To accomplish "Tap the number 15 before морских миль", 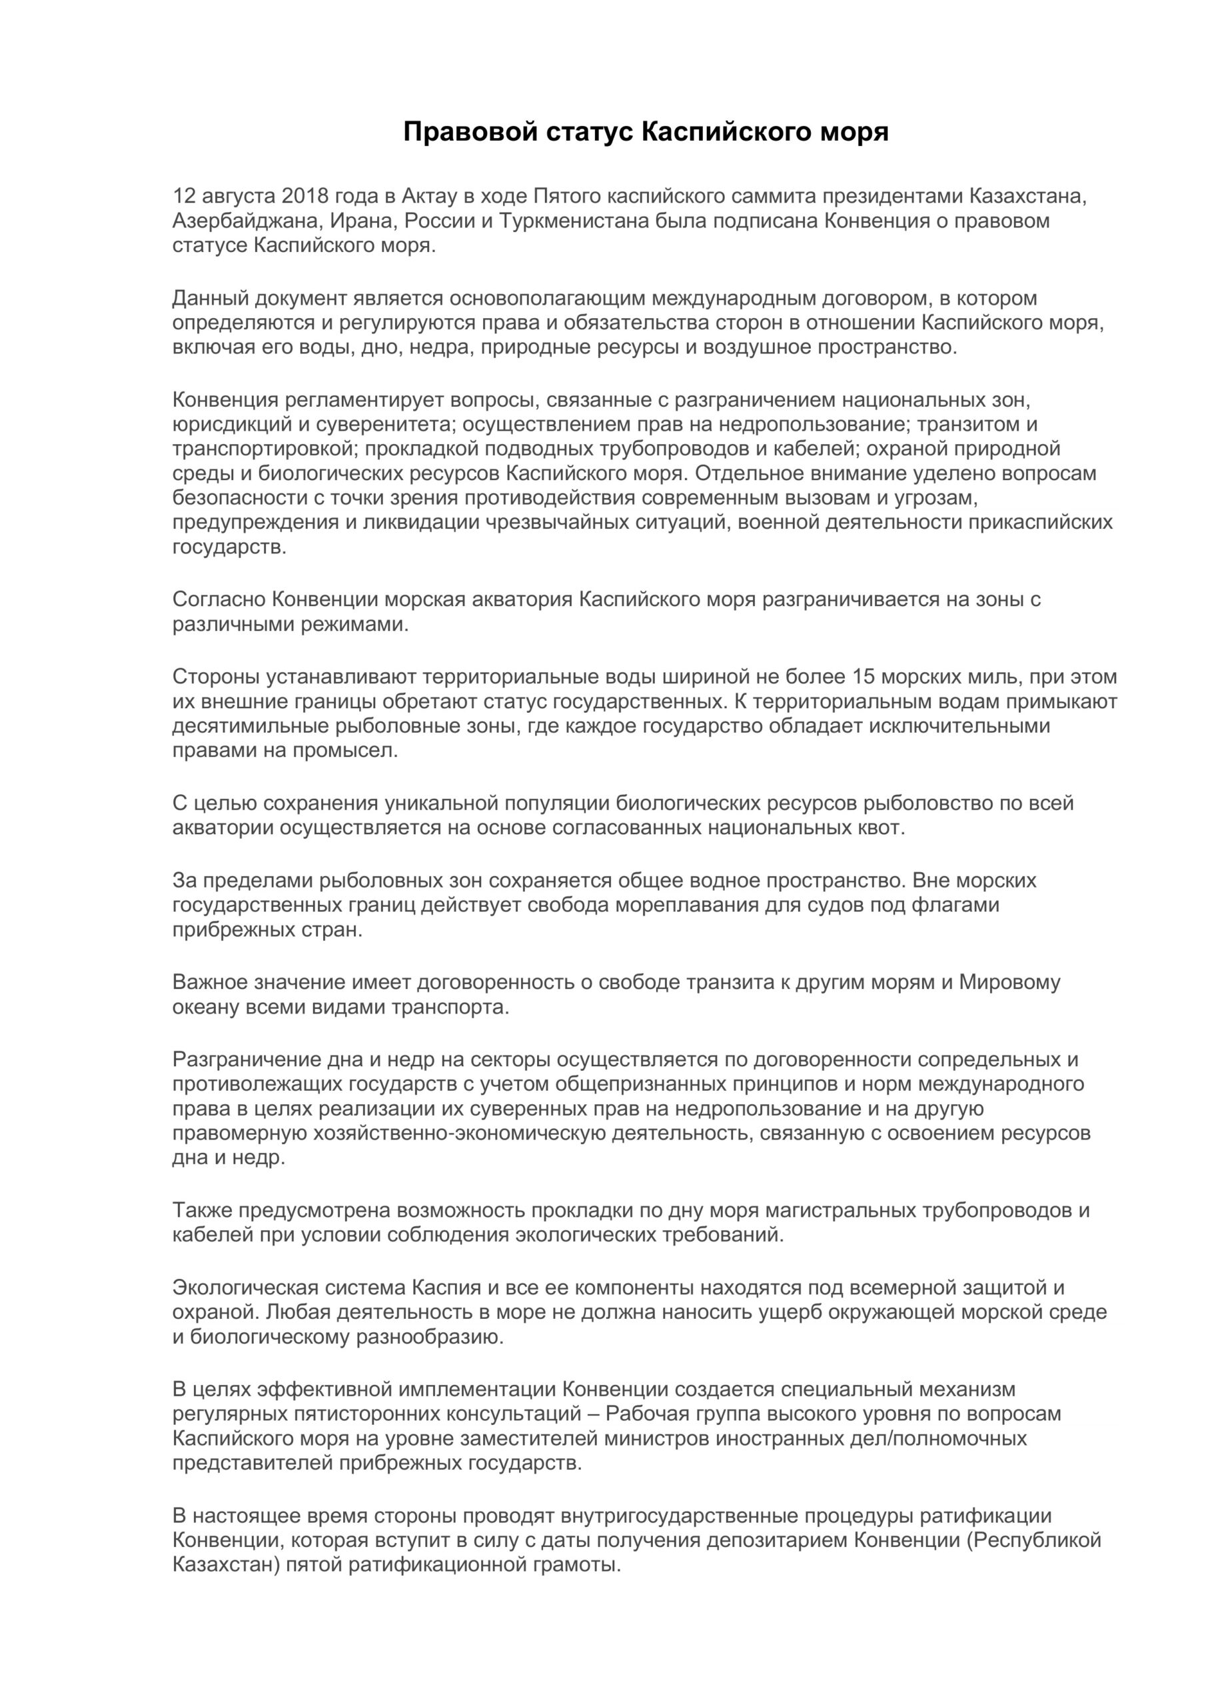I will tap(865, 677).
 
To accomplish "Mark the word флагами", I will tap(956, 905).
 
